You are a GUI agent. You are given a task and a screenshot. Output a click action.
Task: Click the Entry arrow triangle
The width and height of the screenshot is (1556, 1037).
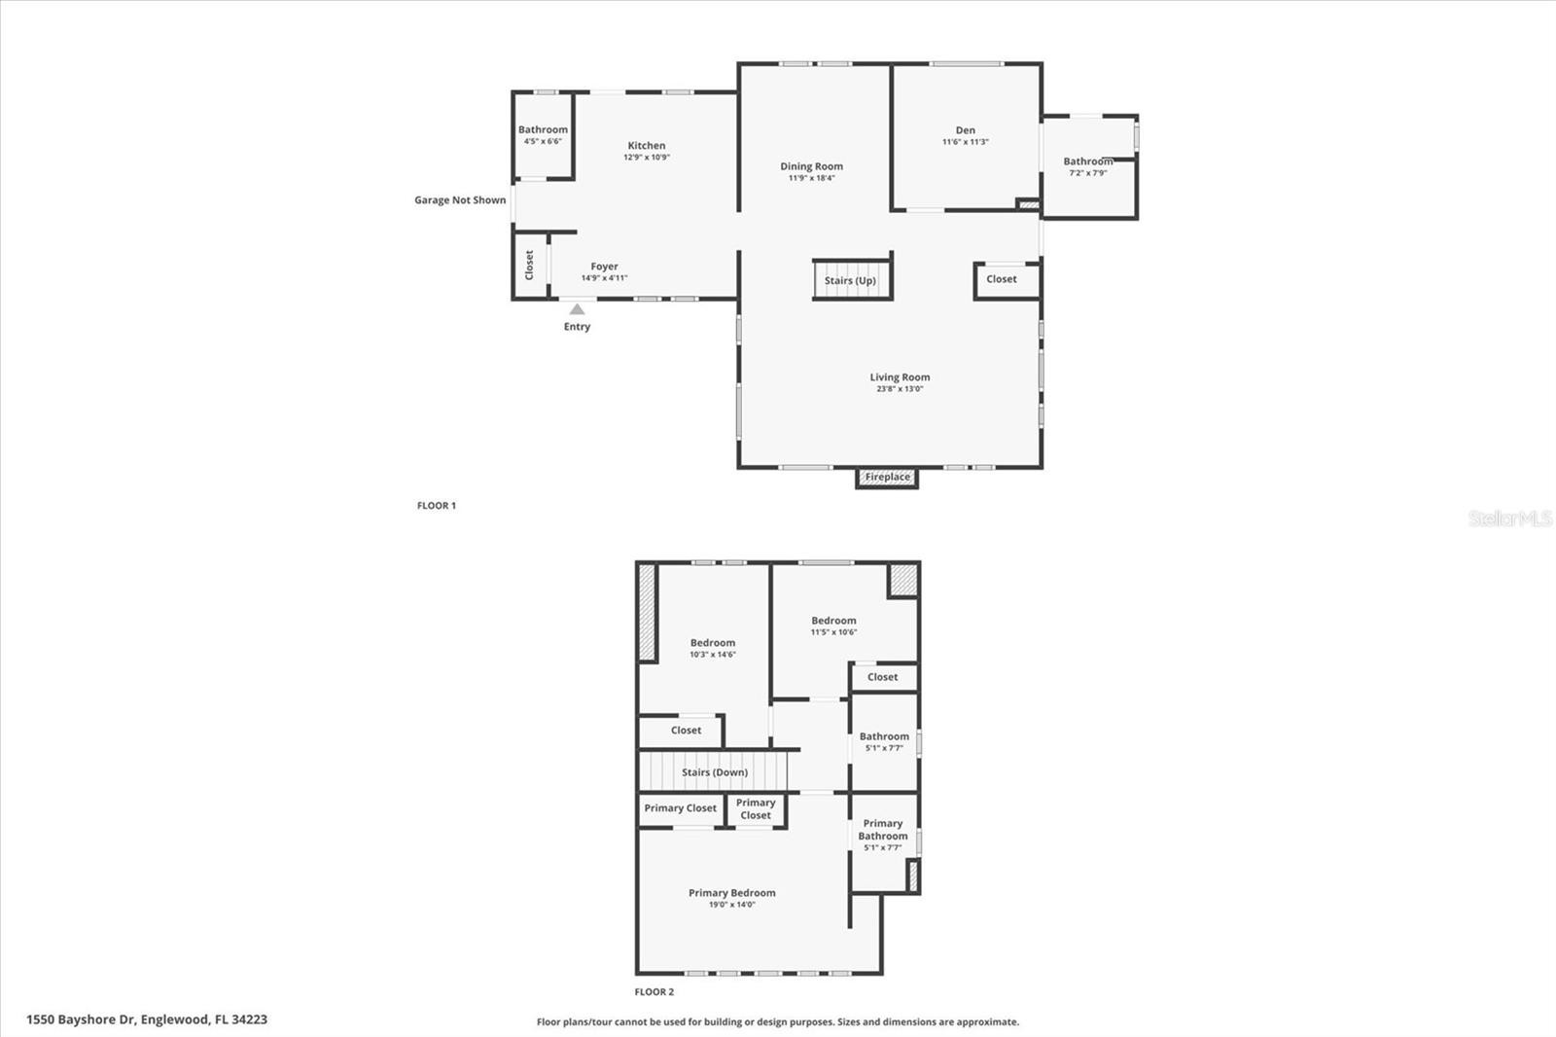point(577,309)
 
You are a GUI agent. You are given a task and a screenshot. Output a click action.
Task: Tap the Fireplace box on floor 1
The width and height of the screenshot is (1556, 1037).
point(887,478)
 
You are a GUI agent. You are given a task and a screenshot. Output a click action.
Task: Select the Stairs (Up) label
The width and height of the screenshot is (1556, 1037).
point(850,281)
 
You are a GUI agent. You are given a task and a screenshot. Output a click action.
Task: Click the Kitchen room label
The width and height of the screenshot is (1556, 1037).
point(647,145)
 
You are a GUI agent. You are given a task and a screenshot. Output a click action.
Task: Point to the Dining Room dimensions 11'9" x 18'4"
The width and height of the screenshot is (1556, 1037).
point(811,178)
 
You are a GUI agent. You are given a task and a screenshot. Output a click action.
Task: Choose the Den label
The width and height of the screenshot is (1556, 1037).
point(966,130)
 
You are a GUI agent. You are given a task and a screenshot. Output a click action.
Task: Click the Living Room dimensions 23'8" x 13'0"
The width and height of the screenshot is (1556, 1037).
point(900,389)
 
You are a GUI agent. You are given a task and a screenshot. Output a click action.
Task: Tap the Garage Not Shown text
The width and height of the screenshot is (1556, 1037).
point(460,200)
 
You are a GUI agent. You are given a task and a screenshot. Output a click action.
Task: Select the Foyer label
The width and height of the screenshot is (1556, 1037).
point(604,267)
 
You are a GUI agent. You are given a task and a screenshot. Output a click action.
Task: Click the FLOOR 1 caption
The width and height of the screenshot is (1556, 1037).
point(437,505)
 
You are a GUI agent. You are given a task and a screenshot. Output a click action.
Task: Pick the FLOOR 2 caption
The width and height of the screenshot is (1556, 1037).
point(654,992)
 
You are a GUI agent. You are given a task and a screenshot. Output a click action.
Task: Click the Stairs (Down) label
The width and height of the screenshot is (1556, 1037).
point(715,772)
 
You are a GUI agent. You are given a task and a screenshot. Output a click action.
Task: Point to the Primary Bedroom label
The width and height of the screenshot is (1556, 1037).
point(732,893)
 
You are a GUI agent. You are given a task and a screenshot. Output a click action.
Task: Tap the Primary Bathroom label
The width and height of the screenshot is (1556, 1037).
point(883,829)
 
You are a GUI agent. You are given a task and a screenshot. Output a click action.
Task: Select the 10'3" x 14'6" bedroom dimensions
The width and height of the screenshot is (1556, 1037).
point(713,655)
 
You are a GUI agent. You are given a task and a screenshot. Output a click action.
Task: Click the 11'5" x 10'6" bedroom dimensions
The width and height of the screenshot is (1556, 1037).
point(833,632)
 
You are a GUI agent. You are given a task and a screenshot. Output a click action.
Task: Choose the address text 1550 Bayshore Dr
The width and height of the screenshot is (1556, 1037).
point(81,1019)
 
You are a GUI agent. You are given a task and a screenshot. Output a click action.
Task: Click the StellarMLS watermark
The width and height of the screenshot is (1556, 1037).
point(1510,518)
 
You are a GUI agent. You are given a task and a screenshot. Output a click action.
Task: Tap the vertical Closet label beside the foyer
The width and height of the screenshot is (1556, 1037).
point(529,265)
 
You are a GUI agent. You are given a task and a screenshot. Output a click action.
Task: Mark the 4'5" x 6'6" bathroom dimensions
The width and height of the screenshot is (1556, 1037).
point(543,141)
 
